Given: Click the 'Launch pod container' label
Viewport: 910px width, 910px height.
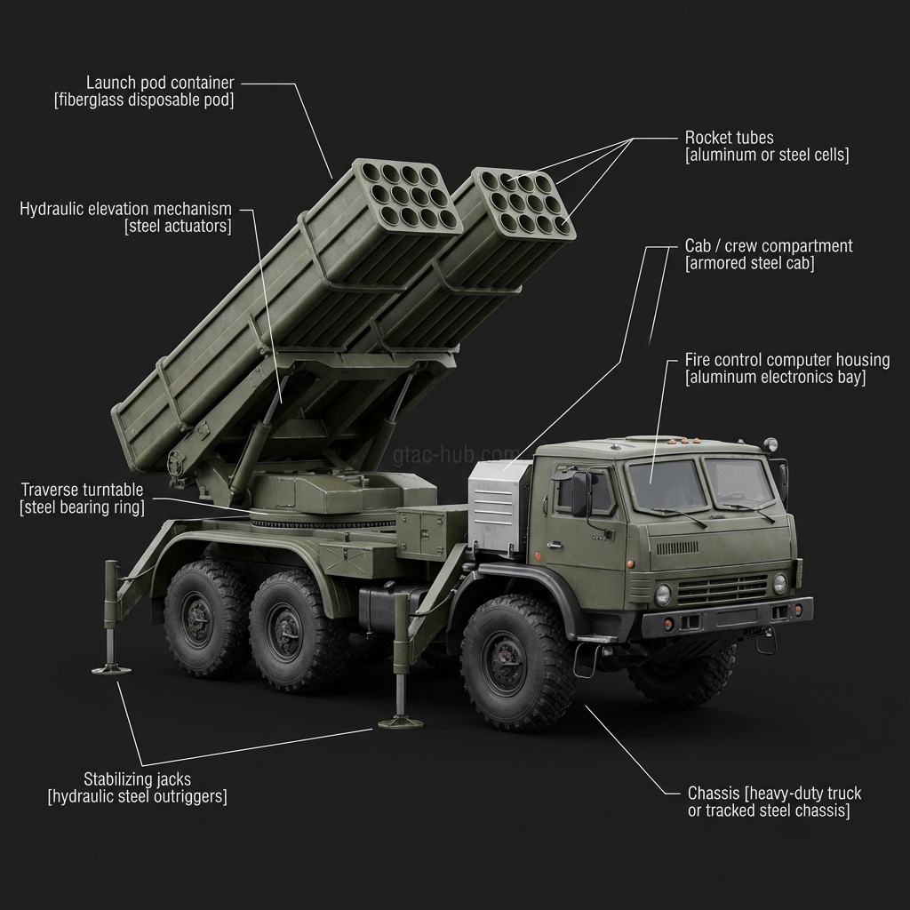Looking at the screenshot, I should (x=160, y=83).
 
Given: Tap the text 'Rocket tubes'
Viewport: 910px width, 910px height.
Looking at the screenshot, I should (x=729, y=138).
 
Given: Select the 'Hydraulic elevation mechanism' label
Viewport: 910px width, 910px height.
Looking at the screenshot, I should (x=125, y=209).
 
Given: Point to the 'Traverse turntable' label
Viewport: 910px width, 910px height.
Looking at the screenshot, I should (x=82, y=491).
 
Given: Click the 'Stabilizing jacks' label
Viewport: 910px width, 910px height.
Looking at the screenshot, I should (x=137, y=779).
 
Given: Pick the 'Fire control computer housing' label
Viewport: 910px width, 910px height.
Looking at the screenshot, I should (x=786, y=360).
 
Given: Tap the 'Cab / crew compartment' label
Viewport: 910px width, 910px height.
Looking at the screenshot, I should (x=768, y=245).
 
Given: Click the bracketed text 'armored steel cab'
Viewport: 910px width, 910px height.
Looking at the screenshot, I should (x=749, y=264).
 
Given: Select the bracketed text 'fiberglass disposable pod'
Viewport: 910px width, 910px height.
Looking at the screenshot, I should (x=144, y=100).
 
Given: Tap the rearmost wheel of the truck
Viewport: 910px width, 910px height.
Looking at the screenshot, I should (x=204, y=618).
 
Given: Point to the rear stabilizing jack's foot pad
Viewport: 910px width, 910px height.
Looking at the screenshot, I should (x=111, y=668).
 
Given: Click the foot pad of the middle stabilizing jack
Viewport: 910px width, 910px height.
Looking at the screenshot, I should (x=400, y=722).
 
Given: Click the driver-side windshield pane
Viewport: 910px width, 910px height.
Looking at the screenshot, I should (x=667, y=485).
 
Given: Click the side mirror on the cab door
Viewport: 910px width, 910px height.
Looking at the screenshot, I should (x=580, y=493).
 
